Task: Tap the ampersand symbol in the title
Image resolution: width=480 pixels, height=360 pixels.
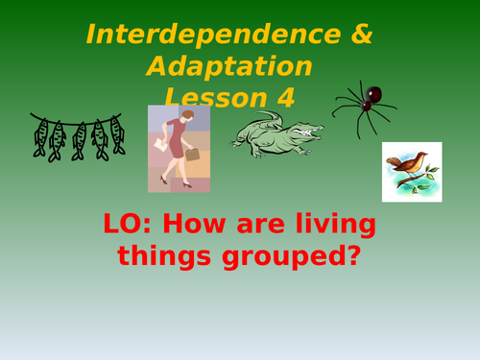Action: point(358,35)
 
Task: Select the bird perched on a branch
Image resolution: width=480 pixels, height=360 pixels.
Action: point(409,170)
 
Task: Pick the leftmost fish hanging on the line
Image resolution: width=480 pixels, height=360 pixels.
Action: point(40,138)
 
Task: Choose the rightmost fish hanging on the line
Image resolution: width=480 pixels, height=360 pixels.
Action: point(117,134)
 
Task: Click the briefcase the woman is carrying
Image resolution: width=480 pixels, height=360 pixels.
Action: point(192,154)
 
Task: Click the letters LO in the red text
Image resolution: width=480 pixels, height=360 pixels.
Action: point(124,227)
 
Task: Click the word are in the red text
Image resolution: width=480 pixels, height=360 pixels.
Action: point(252,227)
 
